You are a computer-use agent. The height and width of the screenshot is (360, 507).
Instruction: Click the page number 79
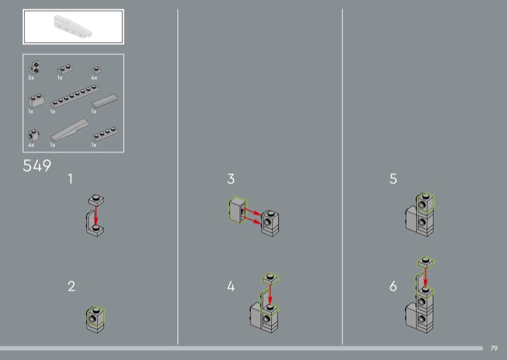pyautogui.click(x=494, y=348)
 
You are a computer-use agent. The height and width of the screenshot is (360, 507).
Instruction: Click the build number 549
pyautogui.click(x=37, y=165)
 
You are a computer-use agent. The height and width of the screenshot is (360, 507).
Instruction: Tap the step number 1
pyautogui.click(x=70, y=179)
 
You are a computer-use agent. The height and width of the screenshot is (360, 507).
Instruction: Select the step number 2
pyautogui.click(x=72, y=286)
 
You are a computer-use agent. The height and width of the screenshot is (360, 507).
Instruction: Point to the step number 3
pyautogui.click(x=231, y=179)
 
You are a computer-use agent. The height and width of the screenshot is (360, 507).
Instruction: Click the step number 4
pyautogui.click(x=231, y=286)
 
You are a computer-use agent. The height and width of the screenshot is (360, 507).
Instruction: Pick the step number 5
pyautogui.click(x=393, y=179)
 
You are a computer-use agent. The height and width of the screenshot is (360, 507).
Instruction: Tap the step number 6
pyautogui.click(x=393, y=286)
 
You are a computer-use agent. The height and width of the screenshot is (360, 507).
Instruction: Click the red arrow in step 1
pyautogui.click(x=96, y=215)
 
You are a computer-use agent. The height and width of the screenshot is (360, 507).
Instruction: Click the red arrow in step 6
pyautogui.click(x=425, y=277)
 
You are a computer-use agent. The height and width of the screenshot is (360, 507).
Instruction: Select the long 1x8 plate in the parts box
pyautogui.click(x=75, y=96)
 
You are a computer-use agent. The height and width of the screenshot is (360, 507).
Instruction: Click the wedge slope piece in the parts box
pyautogui.click(x=69, y=129)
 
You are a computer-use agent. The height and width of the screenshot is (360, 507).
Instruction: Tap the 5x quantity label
pyautogui.click(x=31, y=78)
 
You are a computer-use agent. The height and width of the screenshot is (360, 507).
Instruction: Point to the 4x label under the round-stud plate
pyautogui.click(x=94, y=78)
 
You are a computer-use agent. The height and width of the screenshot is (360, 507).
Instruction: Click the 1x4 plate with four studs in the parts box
pyautogui.click(x=105, y=134)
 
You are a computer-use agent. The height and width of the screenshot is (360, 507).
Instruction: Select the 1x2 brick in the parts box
pyautogui.click(x=36, y=101)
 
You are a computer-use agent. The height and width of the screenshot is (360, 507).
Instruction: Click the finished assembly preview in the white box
pyautogui.click(x=73, y=27)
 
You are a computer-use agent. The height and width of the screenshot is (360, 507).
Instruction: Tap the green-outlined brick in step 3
pyautogui.click(x=238, y=210)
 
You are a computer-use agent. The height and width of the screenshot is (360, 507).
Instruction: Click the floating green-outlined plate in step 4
pyautogui.click(x=271, y=278)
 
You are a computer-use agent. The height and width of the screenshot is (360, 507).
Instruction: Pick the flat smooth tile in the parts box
pyautogui.click(x=105, y=101)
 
